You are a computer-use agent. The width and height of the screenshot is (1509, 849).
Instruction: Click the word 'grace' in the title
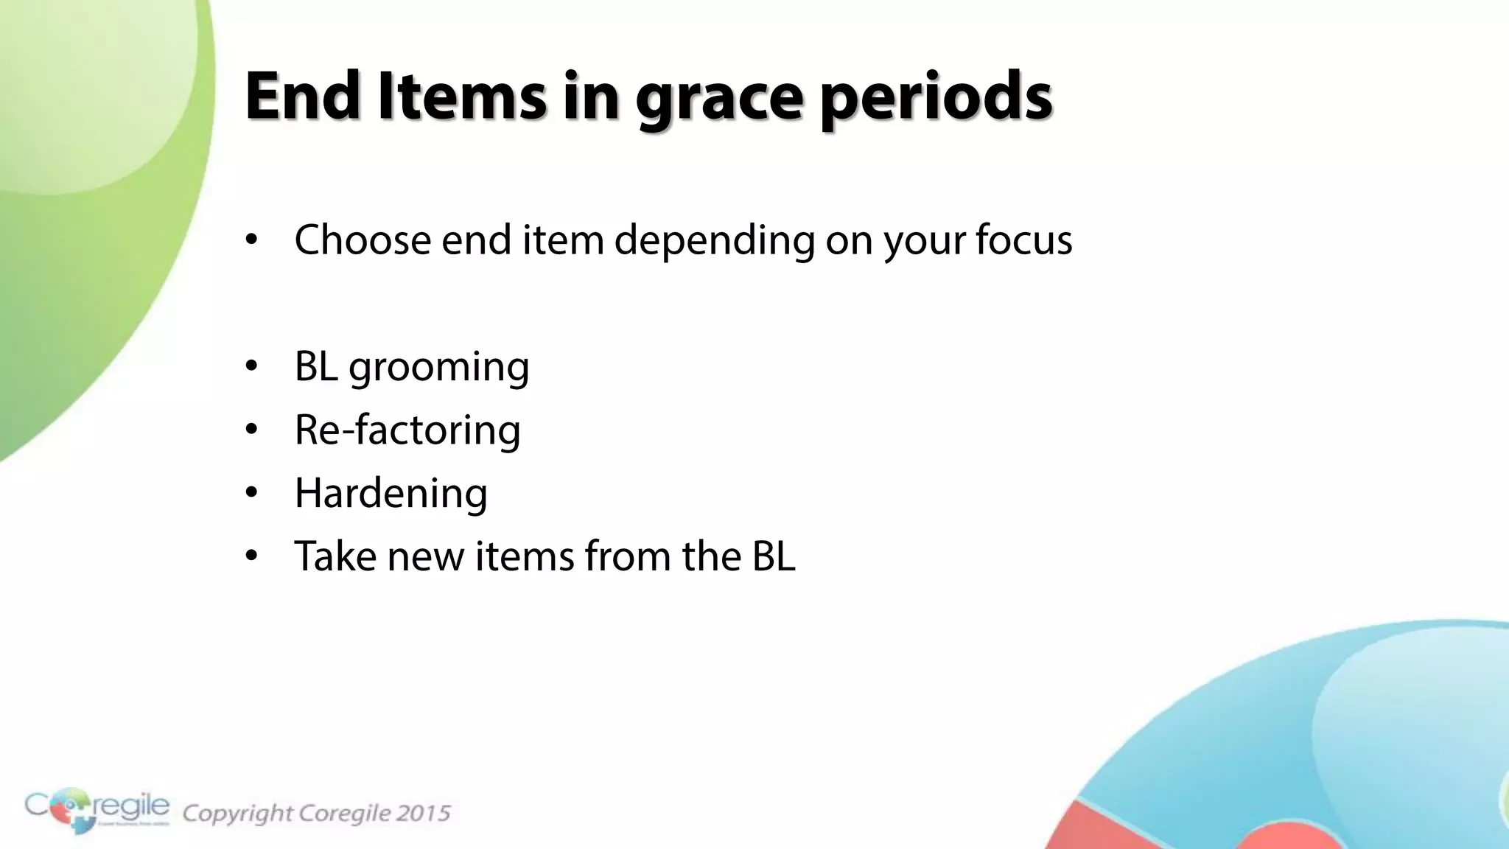(x=718, y=99)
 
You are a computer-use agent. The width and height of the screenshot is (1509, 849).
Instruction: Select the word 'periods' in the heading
(x=936, y=99)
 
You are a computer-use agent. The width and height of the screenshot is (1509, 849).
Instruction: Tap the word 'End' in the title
(x=302, y=96)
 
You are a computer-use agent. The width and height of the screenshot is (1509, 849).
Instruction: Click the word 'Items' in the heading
(x=462, y=96)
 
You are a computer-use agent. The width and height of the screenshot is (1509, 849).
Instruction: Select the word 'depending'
(x=714, y=241)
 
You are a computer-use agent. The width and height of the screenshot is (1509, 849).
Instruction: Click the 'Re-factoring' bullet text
(x=407, y=430)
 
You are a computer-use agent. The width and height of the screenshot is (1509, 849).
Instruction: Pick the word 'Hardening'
(x=391, y=493)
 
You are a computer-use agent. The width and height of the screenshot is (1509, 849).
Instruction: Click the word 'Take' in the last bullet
(x=335, y=556)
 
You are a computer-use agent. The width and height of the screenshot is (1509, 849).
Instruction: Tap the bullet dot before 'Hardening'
(x=252, y=493)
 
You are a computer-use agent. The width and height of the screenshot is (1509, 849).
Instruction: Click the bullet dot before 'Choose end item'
(x=252, y=240)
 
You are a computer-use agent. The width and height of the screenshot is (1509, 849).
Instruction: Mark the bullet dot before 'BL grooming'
(x=252, y=366)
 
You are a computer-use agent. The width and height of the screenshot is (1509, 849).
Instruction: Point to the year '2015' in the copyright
(x=422, y=813)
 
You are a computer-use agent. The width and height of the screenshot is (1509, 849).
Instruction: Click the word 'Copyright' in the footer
(x=237, y=813)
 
